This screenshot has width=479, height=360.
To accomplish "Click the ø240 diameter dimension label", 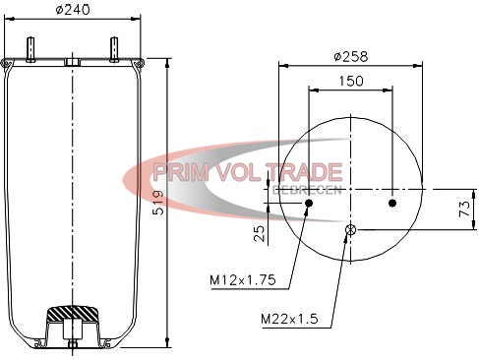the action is (73, 10).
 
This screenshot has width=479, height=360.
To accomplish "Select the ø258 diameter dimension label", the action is (351, 56).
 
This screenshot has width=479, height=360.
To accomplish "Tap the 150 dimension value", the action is (350, 81).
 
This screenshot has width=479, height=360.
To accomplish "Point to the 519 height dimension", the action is (158, 203).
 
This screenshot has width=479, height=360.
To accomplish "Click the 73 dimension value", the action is (464, 209).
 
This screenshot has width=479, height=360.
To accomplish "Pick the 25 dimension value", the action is (260, 233).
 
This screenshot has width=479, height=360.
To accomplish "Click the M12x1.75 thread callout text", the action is (243, 279).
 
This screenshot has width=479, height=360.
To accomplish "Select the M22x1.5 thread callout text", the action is (289, 319).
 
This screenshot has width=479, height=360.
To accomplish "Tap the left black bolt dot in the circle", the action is (309, 204).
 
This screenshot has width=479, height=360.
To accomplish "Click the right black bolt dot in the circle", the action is (392, 204).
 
